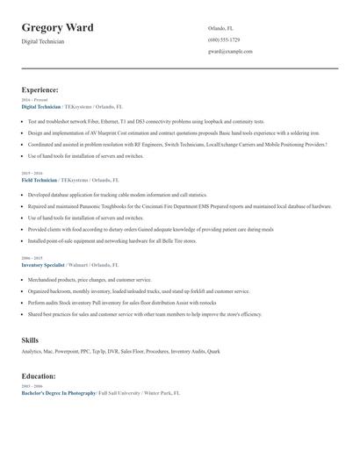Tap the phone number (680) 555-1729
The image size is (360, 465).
[224, 39]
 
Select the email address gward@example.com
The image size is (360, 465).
[230, 52]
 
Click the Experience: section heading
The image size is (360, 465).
[40, 89]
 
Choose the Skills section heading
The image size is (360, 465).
[30, 340]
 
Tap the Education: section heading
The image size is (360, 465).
[40, 376]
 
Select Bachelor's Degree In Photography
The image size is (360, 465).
[59, 393]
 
